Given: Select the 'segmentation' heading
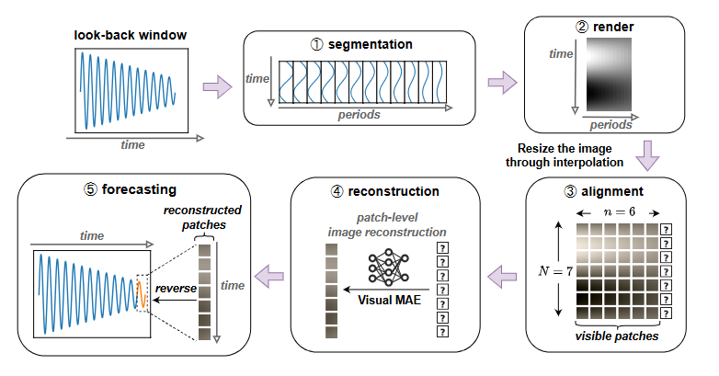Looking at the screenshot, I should pos(359,43).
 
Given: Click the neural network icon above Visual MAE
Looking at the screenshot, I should pos(386,267).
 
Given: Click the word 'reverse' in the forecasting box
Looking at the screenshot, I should pos(175,288).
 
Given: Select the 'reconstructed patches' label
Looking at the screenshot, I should pos(198,218).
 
